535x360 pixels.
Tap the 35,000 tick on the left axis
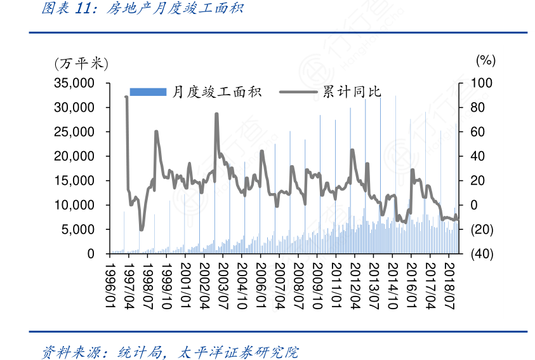point(75,83)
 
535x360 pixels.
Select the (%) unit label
point(485,60)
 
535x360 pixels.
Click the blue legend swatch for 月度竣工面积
point(147,92)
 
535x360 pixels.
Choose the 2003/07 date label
point(223,286)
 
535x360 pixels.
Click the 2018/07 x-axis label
point(451,286)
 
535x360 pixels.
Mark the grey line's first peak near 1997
point(126,97)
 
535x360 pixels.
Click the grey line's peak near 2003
point(216,114)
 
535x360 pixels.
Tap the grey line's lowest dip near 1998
point(142,230)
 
